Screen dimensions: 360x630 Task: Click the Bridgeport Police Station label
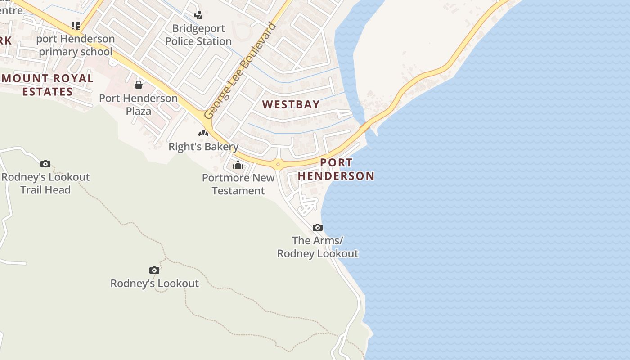tap(198, 35)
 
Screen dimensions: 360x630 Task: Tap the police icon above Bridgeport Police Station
tap(198, 15)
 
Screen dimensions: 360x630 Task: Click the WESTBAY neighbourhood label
tap(291, 104)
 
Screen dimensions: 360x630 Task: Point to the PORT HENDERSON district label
tap(336, 169)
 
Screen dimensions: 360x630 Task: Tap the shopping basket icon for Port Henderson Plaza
tap(139, 85)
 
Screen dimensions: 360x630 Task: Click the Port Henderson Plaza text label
tap(139, 104)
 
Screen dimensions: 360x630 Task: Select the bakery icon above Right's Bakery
tap(203, 133)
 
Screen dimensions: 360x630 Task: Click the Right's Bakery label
tap(203, 147)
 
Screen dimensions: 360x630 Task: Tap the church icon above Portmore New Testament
tap(238, 165)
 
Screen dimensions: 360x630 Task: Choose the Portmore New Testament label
tap(238, 184)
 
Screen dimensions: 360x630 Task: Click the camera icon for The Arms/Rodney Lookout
tap(318, 227)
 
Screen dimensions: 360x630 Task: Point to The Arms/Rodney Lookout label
tap(318, 247)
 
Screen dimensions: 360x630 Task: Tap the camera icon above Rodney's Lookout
tap(154, 270)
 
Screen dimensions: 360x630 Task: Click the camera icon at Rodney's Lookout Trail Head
tap(45, 164)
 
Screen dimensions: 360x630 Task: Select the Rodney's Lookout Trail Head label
tap(45, 183)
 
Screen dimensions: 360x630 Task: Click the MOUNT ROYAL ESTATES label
tap(47, 85)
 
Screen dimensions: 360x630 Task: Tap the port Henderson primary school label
tap(76, 45)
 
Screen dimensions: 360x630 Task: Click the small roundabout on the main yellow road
tap(278, 164)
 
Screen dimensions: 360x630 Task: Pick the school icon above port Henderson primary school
tap(76, 25)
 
